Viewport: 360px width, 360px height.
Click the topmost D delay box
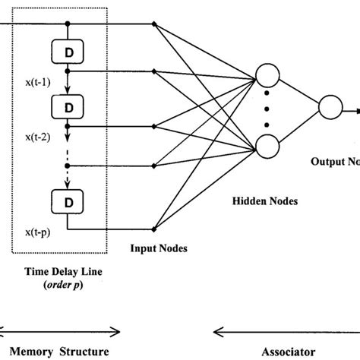click(68, 51)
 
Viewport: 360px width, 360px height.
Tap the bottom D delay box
click(68, 201)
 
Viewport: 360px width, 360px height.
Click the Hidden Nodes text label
click(261, 201)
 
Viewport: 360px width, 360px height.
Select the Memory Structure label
click(64, 351)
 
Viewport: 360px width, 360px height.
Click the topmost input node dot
click(154, 25)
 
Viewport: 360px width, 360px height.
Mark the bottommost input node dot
click(154, 227)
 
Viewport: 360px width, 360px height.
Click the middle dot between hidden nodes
click(267, 111)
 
